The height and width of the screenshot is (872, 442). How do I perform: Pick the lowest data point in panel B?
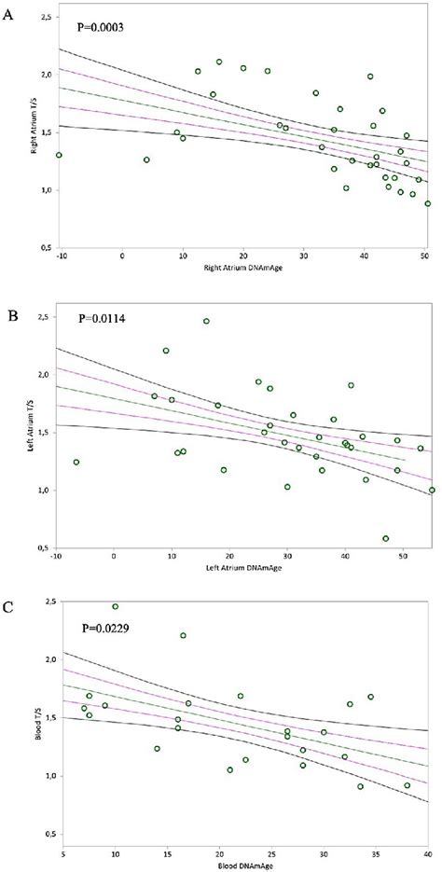point(385,538)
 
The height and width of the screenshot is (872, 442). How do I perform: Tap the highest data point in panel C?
point(116,606)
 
